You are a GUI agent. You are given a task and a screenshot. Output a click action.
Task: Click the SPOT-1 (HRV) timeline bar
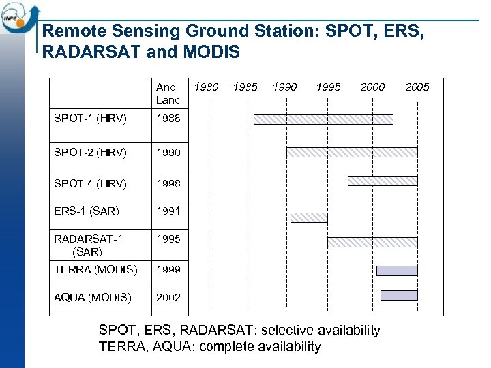pos(323,119)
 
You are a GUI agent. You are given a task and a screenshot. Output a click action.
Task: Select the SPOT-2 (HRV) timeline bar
pos(351,152)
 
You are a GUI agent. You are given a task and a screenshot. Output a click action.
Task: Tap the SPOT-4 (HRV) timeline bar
pos(382,181)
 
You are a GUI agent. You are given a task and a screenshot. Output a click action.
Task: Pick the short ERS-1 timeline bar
pos(309,217)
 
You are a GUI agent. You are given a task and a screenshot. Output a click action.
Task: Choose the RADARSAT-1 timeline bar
pos(372,242)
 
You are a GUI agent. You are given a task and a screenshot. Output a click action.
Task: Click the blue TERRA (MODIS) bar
pos(397,271)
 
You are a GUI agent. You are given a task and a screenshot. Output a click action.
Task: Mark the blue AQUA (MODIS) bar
pos(398,295)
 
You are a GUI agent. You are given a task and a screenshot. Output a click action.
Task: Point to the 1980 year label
pos(207,87)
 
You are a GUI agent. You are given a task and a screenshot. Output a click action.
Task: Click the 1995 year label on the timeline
pos(329,87)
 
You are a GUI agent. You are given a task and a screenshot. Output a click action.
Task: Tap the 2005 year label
pos(417,87)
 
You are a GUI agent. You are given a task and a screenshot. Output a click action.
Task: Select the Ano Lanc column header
pos(168,93)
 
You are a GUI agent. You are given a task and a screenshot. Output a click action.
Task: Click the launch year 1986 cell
pos(168,119)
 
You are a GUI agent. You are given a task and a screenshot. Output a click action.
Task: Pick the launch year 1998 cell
pos(168,183)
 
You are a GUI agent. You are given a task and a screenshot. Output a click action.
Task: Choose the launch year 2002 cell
pos(168,298)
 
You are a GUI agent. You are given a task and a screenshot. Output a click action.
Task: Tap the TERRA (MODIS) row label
pos(95,269)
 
